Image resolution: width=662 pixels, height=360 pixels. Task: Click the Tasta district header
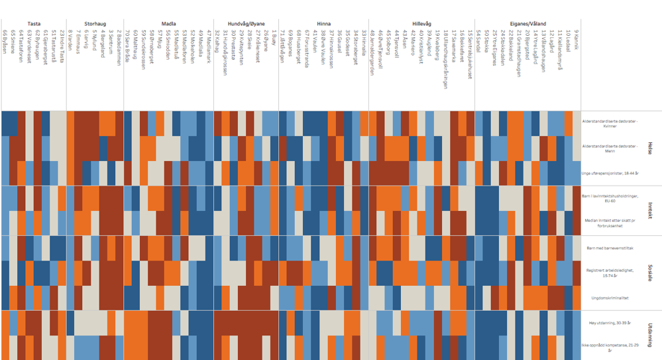34,23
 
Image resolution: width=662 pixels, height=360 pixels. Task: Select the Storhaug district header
95,23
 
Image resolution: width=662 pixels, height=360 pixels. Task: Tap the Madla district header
168,23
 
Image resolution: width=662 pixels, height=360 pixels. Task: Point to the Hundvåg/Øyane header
246,23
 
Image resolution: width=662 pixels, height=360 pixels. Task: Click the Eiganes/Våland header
528,23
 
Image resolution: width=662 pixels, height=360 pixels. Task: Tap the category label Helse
649,150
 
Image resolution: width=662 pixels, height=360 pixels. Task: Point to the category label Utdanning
649,335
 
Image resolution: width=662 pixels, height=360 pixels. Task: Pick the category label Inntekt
649,211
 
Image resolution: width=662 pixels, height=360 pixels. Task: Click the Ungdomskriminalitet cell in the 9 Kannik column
577,298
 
